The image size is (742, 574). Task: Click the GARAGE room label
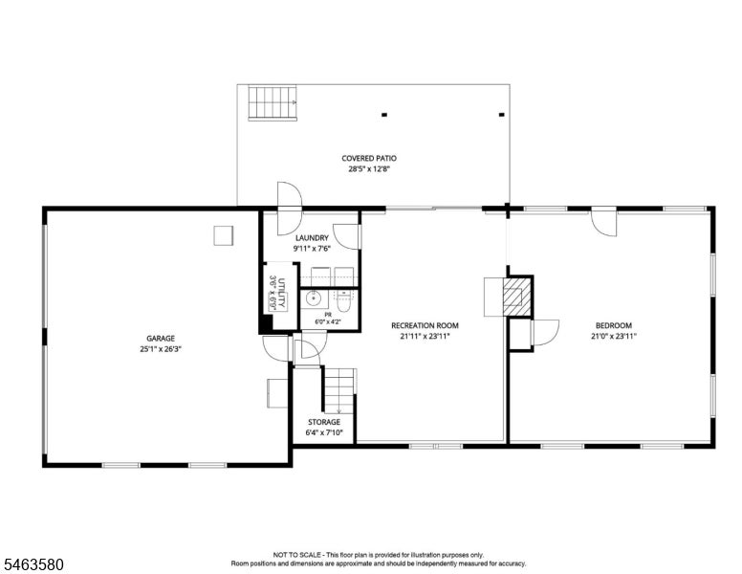click(x=161, y=338)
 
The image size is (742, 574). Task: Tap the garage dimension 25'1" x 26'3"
click(x=161, y=349)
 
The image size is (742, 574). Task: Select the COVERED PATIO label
click(x=369, y=158)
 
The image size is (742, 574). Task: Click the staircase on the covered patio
click(x=273, y=102)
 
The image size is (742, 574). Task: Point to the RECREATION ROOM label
click(x=425, y=325)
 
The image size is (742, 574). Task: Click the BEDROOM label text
click(x=614, y=325)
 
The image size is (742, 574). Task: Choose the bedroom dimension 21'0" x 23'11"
click(x=614, y=336)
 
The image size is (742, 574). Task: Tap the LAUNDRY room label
click(x=312, y=238)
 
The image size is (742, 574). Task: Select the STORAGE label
click(x=324, y=422)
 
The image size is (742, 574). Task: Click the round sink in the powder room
click(x=313, y=298)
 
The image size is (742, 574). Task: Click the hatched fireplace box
click(x=516, y=297)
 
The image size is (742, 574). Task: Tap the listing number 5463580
click(x=33, y=564)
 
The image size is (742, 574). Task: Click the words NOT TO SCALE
click(x=297, y=555)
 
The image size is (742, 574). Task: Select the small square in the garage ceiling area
click(x=224, y=236)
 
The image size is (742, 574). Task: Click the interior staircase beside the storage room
click(x=338, y=390)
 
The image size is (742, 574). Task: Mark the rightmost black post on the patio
click(x=502, y=115)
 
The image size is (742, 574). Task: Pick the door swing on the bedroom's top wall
click(x=603, y=222)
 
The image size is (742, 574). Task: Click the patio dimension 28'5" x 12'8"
click(x=369, y=169)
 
